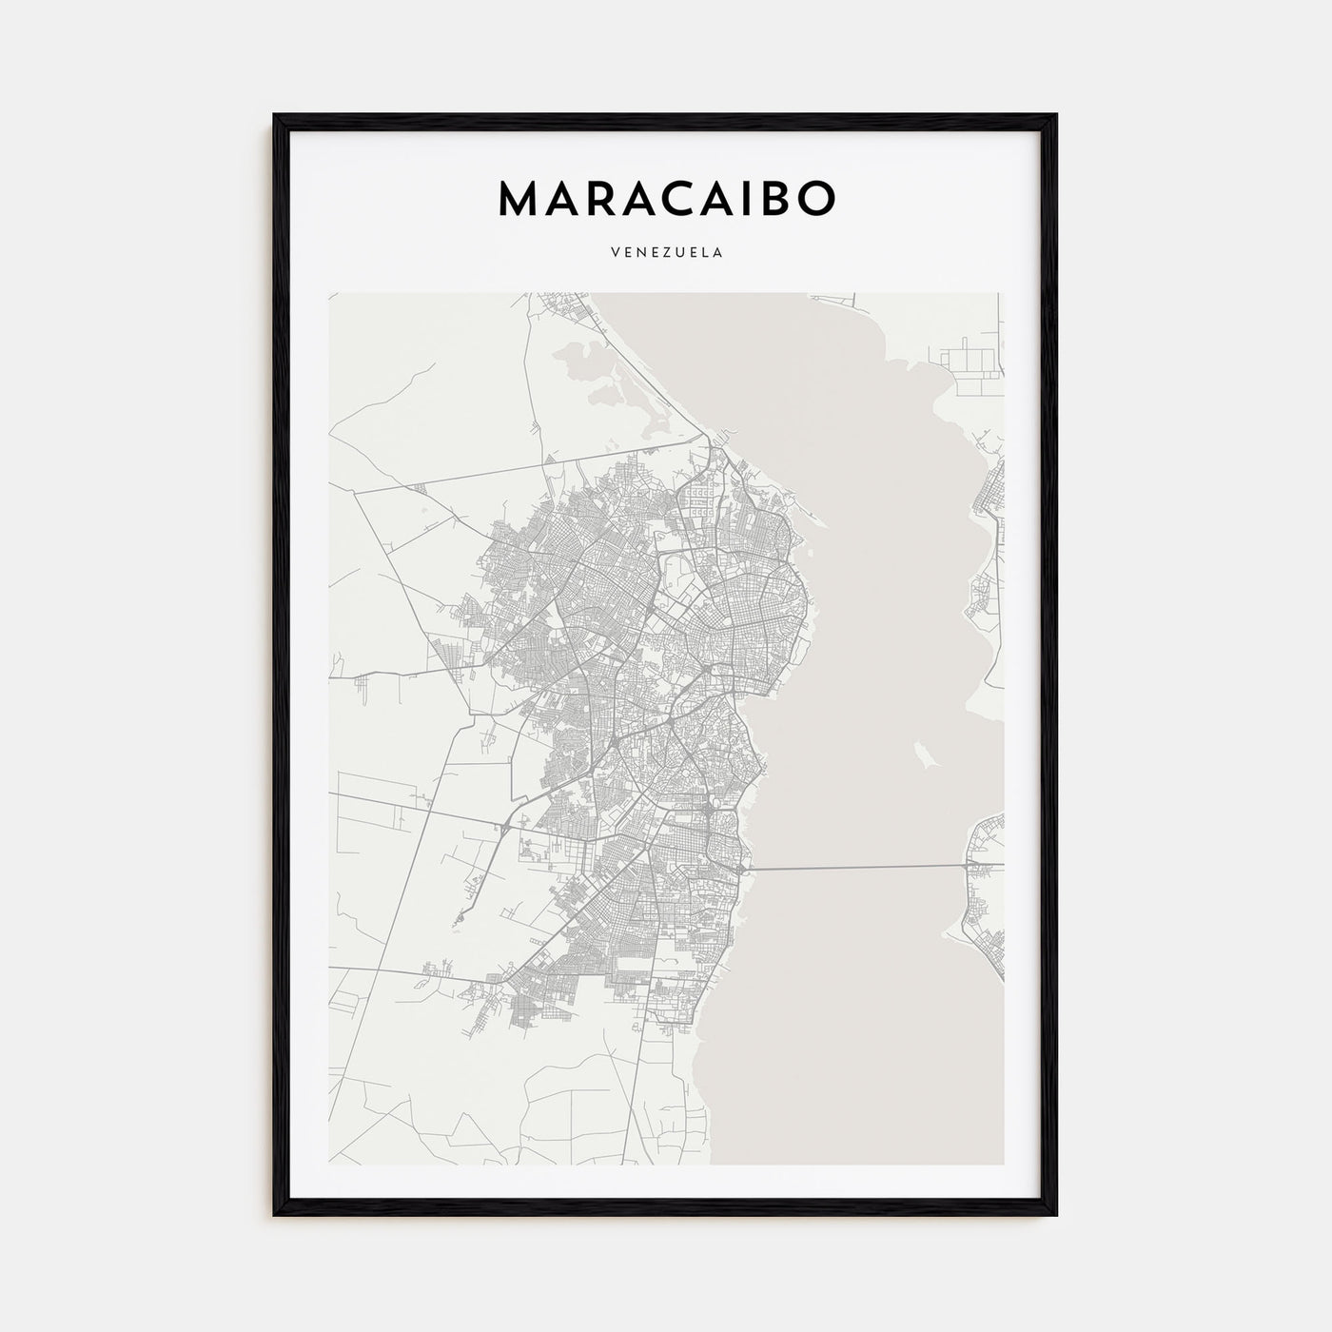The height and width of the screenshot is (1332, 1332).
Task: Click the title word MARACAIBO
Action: click(666, 197)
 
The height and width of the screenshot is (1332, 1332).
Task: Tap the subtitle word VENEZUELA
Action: click(666, 253)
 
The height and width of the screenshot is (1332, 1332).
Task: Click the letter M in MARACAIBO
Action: click(519, 197)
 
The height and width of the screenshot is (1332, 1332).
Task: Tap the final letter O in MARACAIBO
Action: click(815, 197)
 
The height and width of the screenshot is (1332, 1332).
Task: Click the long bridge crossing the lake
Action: click(856, 867)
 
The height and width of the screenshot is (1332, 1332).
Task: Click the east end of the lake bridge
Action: click(965, 866)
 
